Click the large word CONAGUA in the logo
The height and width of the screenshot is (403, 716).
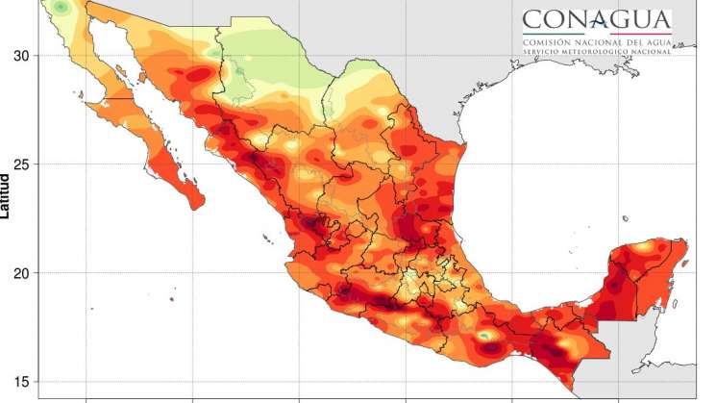click(x=597, y=19)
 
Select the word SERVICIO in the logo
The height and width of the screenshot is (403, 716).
click(x=542, y=51)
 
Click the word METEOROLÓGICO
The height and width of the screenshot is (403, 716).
click(x=597, y=51)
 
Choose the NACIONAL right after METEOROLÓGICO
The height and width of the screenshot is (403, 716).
click(x=652, y=51)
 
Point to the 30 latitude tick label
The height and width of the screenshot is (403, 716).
click(x=20, y=56)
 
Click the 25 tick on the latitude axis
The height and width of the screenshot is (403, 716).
click(x=20, y=164)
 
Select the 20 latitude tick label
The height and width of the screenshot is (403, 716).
click(x=20, y=273)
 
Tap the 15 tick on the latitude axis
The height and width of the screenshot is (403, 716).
click(x=20, y=382)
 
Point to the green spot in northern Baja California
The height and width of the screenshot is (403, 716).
click(x=62, y=8)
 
